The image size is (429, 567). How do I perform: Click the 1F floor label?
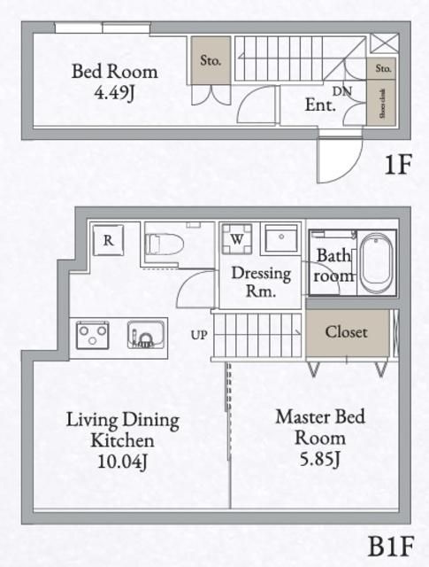(396, 165)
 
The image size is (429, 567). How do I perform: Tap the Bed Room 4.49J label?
(114, 80)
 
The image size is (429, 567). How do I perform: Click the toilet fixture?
(163, 243)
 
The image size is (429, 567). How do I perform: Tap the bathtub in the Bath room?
(377, 262)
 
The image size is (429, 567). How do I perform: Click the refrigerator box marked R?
(107, 239)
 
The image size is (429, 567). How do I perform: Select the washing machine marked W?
(237, 238)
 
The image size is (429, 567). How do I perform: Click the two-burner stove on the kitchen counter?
(92, 335)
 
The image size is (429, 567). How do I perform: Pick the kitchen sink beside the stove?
(146, 335)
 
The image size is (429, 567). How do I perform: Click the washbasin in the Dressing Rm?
(280, 239)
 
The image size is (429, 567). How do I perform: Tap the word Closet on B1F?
(346, 332)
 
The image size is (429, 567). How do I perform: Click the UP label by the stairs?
(199, 335)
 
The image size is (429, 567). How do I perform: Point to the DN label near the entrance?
(342, 91)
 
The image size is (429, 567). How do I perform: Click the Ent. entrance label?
(319, 105)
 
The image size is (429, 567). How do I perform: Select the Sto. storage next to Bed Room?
(211, 61)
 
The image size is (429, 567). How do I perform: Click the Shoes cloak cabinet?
(383, 103)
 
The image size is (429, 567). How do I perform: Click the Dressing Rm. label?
(262, 282)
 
